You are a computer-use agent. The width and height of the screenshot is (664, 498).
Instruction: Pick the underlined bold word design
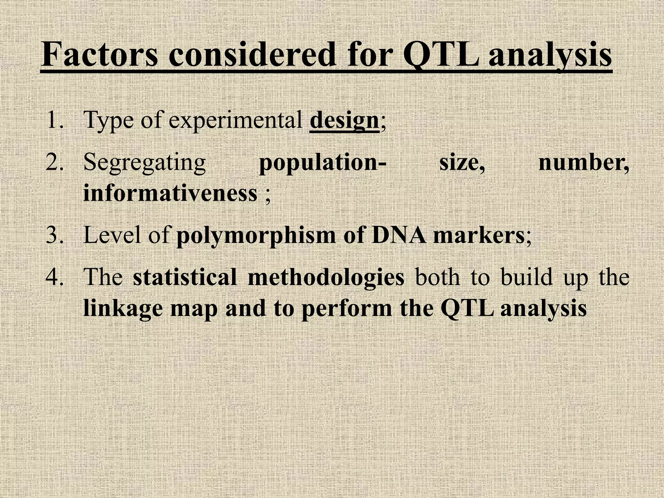pyautogui.click(x=344, y=120)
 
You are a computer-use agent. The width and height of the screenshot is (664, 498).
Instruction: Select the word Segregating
pyautogui.click(x=145, y=163)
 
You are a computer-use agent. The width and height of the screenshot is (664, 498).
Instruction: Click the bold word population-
pyautogui.click(x=323, y=163)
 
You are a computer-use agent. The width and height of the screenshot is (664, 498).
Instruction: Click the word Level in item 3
pyautogui.click(x=111, y=235)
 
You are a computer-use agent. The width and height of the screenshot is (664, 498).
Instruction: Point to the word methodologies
pyautogui.click(x=326, y=278)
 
